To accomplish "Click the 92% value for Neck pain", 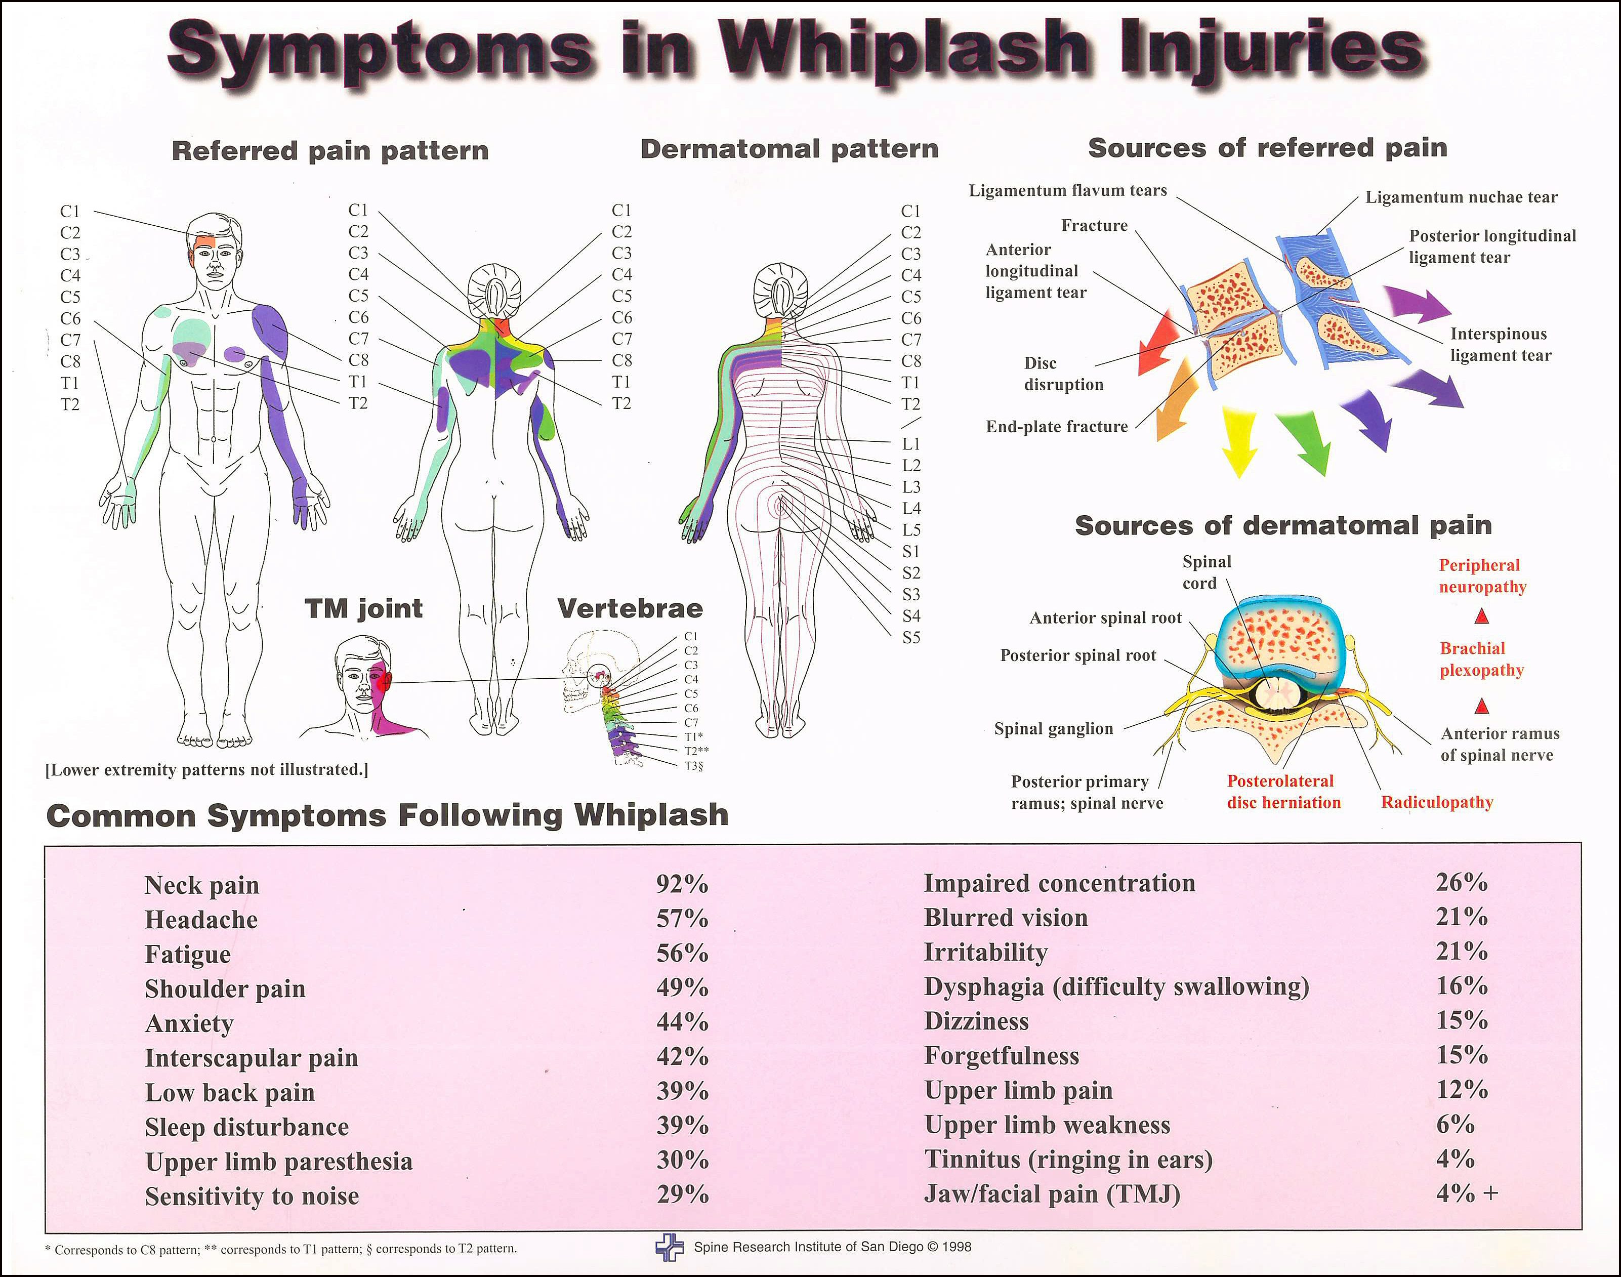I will click(x=682, y=884).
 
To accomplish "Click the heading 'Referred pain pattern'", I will click(x=330, y=150).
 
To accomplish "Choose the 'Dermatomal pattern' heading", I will click(x=789, y=149).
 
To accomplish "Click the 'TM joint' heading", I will click(x=363, y=608).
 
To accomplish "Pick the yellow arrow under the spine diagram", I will click(x=1238, y=441).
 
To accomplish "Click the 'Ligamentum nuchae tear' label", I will click(x=1461, y=197).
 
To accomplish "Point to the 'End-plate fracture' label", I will click(x=1057, y=426).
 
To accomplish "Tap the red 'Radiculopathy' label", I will click(x=1436, y=802).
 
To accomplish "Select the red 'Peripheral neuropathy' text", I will click(x=1482, y=575).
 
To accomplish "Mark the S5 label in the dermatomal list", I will click(x=910, y=638).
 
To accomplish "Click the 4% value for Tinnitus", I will click(x=1454, y=1159).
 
